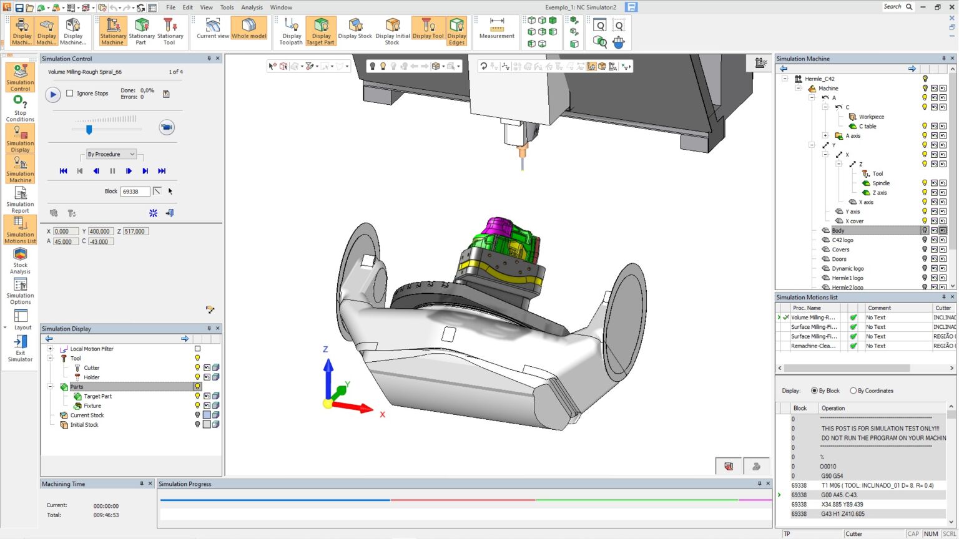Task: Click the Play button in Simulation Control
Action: click(x=53, y=94)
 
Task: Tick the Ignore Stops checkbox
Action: click(x=70, y=94)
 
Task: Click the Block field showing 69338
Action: click(x=135, y=192)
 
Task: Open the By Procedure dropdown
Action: click(x=111, y=154)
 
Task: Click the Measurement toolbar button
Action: click(x=496, y=30)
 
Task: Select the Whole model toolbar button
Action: click(x=248, y=30)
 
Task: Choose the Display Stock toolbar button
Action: click(x=355, y=30)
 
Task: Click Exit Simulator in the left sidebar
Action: click(x=20, y=348)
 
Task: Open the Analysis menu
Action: click(x=252, y=7)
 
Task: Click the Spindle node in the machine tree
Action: click(x=880, y=183)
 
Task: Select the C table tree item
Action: click(x=867, y=126)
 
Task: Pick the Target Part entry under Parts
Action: click(x=97, y=396)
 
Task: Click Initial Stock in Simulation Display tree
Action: click(x=84, y=425)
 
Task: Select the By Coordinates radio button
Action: click(x=853, y=391)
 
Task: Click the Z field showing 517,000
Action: click(x=135, y=231)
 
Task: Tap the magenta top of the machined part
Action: click(x=499, y=225)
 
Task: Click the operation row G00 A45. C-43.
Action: click(x=839, y=495)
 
